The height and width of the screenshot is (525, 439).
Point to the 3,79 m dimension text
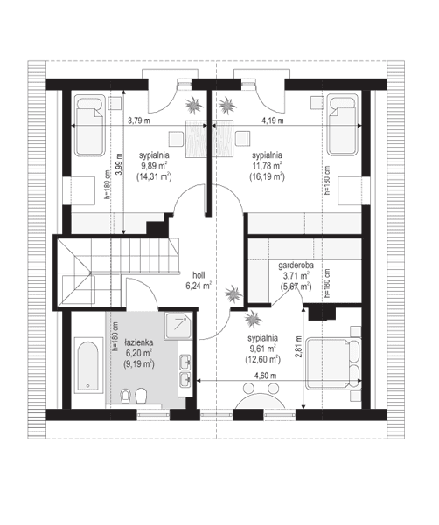pos(140,121)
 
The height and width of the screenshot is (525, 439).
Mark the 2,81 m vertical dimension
pos(299,349)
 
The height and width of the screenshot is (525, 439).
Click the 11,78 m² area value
pos(266,164)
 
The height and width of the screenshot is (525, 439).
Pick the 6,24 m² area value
pos(199,284)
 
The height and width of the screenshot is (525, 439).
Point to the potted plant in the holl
pos(234,294)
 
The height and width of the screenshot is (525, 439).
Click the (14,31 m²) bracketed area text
pos(154,176)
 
